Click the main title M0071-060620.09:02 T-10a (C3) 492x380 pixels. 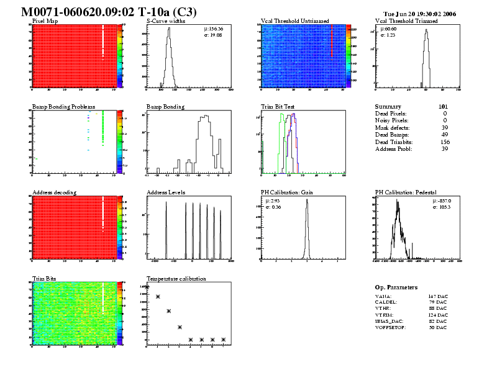point(109,11)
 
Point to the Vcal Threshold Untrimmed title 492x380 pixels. point(291,21)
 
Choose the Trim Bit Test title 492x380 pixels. point(278,107)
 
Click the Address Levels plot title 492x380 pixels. point(166,192)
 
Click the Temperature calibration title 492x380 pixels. point(176,279)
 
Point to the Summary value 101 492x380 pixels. point(443,107)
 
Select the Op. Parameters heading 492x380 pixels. point(396,287)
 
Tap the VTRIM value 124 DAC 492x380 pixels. point(437,315)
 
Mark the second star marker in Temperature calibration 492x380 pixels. point(158,297)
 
